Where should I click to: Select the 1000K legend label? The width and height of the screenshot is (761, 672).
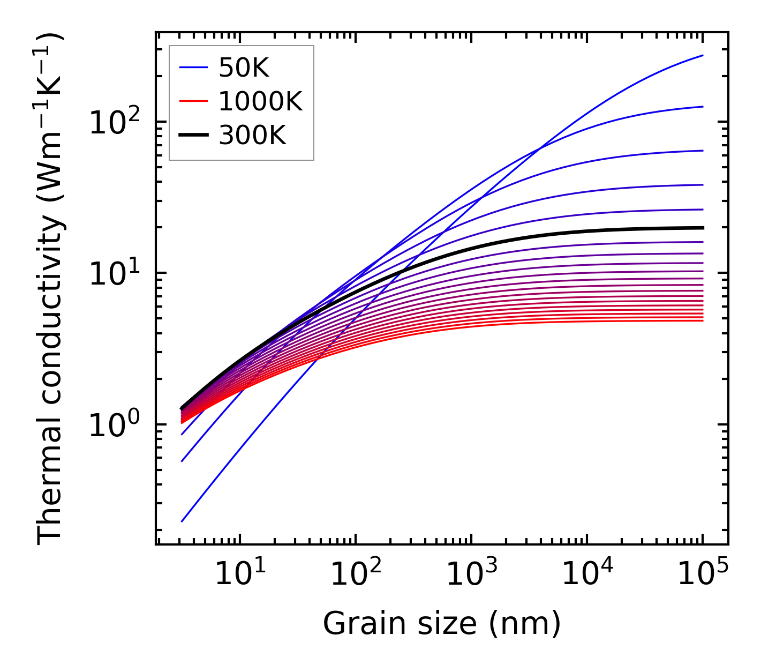pyautogui.click(x=260, y=101)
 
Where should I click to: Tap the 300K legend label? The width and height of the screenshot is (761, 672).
pyautogui.click(x=252, y=136)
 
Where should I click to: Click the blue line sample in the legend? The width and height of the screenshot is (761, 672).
pyautogui.click(x=193, y=68)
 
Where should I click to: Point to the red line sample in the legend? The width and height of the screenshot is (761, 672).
pyautogui.click(x=193, y=101)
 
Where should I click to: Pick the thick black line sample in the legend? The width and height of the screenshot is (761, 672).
pyautogui.click(x=193, y=136)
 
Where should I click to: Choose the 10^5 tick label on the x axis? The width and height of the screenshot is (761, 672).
pyautogui.click(x=702, y=574)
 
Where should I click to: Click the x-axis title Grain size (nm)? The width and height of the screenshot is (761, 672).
pyautogui.click(x=442, y=624)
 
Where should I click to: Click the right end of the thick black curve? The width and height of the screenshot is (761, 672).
pyautogui.click(x=703, y=228)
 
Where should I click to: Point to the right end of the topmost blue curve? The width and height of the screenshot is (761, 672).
pyautogui.click(x=703, y=55)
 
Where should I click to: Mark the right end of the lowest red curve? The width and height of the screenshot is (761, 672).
pyautogui.click(x=703, y=320)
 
